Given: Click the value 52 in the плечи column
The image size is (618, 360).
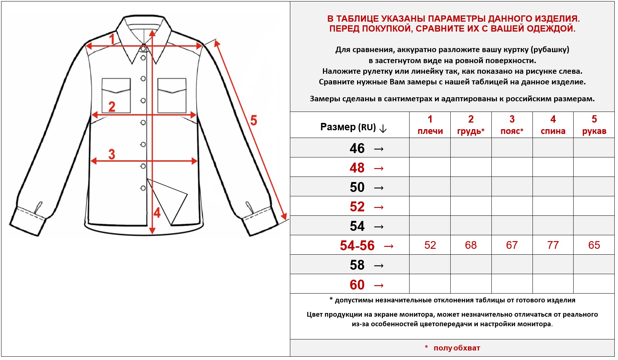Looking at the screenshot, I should point(430,245).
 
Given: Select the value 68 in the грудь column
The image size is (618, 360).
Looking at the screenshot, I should point(471,245).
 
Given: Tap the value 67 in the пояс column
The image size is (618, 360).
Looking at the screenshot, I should point(512,245).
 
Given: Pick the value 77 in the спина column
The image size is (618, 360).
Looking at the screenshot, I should point(553,245).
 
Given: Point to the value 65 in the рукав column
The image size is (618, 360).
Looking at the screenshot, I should point(594,245).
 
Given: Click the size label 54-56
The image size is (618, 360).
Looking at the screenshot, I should point(357,246).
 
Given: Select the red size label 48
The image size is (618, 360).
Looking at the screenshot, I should point(357,168).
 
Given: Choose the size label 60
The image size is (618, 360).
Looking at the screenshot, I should point(357,285).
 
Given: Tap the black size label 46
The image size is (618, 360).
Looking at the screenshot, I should point(357,148).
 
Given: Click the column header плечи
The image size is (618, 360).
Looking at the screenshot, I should point(430,131).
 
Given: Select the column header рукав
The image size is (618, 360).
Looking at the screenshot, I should point(594,131).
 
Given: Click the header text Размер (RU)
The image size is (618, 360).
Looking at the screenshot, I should point(348,127).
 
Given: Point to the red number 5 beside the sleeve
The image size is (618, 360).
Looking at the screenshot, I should point(254,120).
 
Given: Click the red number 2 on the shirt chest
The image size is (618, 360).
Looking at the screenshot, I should point(112,106).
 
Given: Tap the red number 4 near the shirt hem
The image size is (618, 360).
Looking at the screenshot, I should point(157,213).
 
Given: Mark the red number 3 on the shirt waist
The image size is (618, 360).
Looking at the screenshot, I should point(112,154).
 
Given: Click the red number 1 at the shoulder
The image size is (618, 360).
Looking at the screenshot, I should point(112,39).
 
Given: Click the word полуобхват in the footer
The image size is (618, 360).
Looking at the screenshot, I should point(457,348).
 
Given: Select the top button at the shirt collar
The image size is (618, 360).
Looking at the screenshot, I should point(143,49).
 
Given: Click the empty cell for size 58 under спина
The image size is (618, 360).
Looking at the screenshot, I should point(553,265).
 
